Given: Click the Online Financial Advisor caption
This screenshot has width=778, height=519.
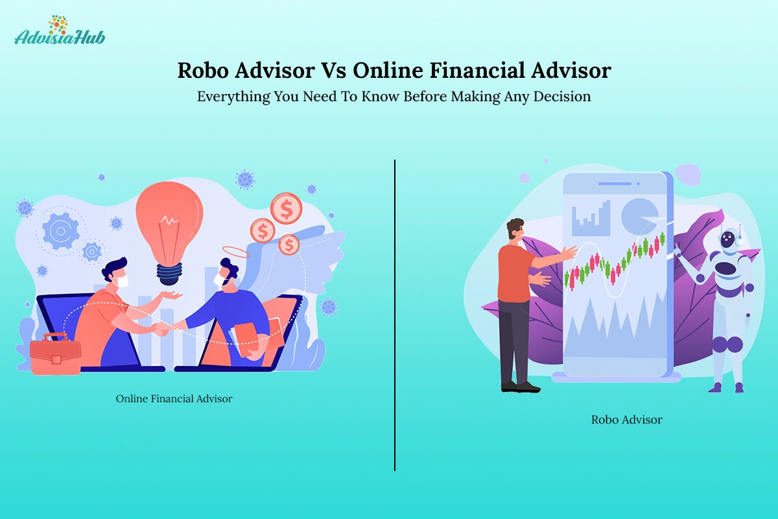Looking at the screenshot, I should tap(174, 398).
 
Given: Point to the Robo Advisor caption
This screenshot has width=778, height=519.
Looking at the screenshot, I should tap(626, 420).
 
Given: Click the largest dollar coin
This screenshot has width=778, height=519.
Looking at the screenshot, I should tap(286, 208).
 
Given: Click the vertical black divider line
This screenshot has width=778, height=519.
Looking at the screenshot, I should tap(395, 315).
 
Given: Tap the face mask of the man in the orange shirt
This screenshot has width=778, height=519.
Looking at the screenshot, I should tap(123, 281).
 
